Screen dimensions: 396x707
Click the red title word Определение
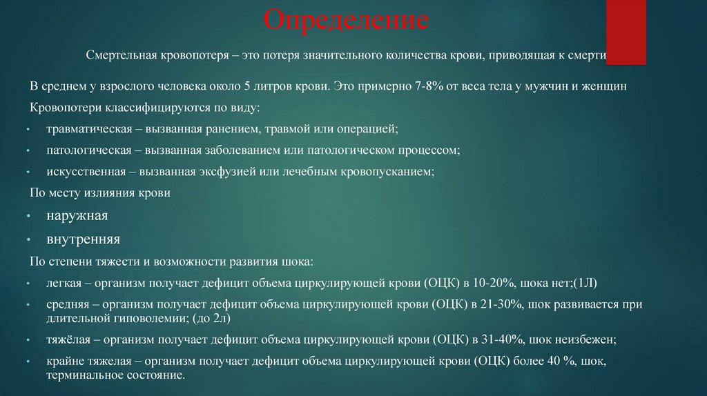click(x=347, y=21)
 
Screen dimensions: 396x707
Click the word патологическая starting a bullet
click(x=85, y=150)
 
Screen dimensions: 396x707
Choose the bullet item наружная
click(x=77, y=216)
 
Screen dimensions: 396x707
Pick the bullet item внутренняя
click(x=84, y=239)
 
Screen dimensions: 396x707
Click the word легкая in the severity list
click(x=64, y=283)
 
